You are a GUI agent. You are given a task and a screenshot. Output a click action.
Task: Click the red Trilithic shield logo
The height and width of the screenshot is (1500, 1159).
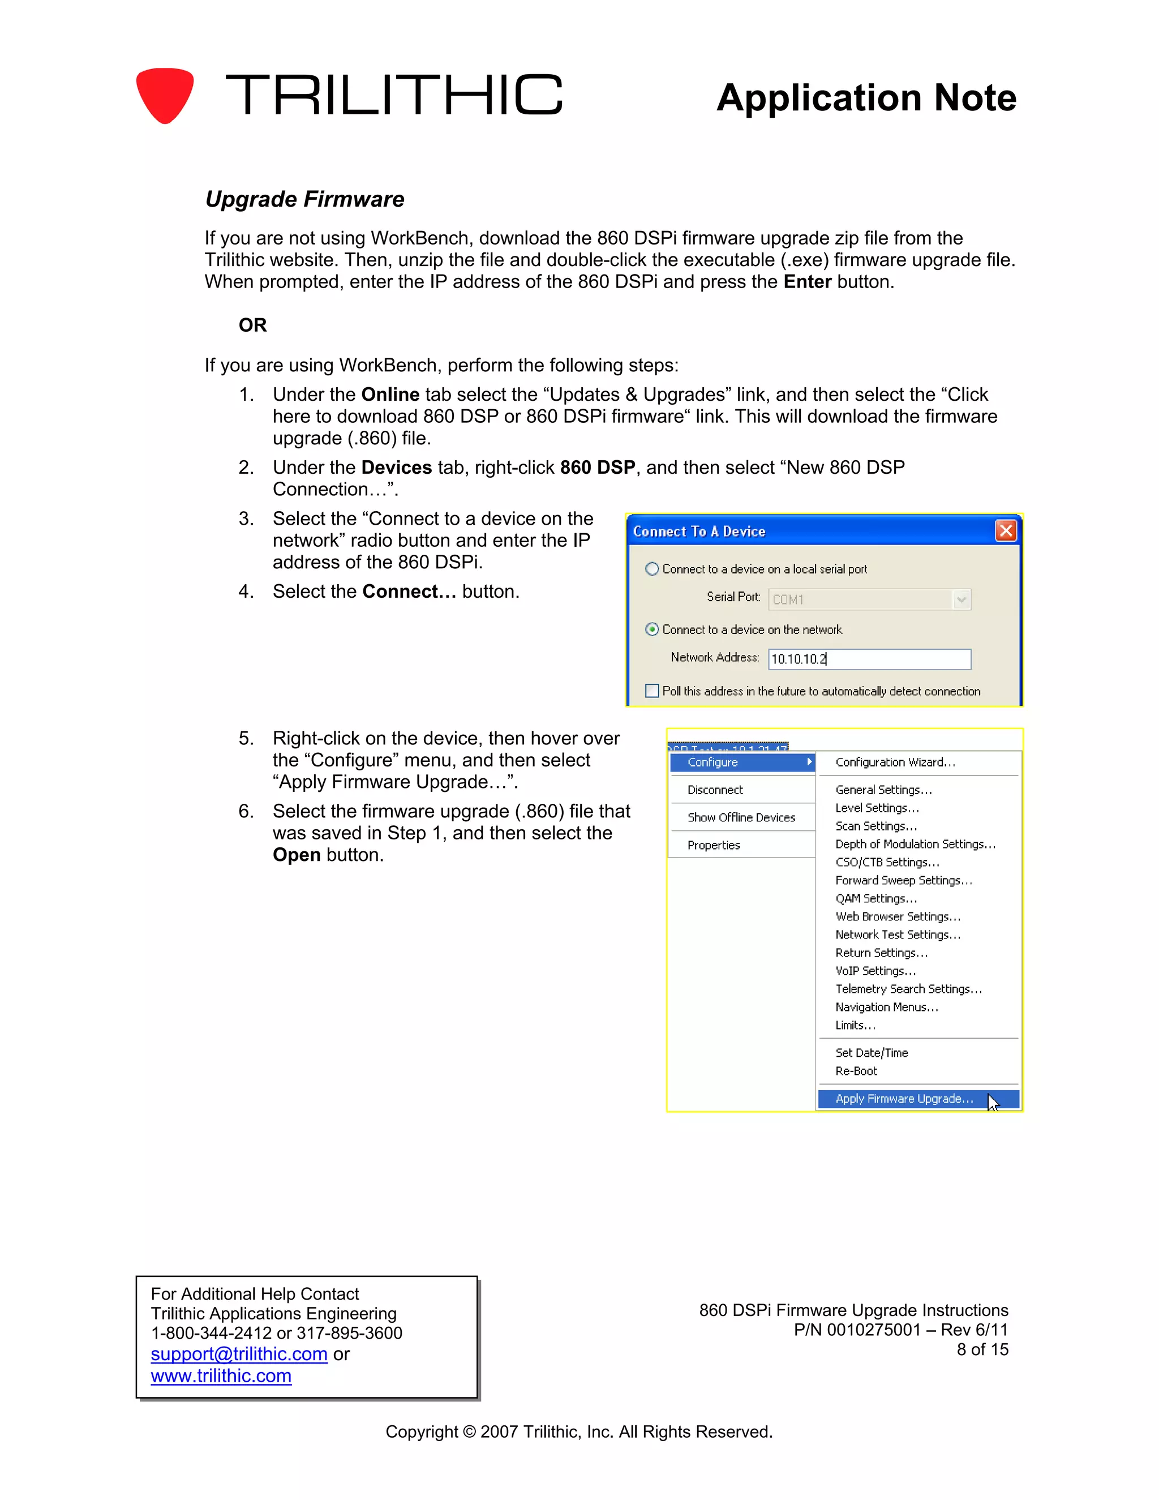[x=165, y=95]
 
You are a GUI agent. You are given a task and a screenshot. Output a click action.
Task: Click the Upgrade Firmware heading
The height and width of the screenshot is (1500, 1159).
[x=305, y=199]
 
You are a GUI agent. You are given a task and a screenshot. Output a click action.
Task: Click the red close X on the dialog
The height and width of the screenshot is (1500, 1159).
[x=1005, y=530]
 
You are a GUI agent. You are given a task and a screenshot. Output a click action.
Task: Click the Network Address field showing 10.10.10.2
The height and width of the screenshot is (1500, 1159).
[x=869, y=659]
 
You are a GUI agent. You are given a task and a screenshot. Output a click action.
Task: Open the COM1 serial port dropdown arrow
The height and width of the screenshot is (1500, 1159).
[x=961, y=599]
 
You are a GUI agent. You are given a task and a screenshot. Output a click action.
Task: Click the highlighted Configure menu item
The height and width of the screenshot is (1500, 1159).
[x=741, y=762]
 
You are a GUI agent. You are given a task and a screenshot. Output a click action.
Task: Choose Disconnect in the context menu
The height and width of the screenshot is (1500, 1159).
[x=715, y=790]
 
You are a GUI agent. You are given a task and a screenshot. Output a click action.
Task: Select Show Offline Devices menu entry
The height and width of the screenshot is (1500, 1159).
[x=741, y=817]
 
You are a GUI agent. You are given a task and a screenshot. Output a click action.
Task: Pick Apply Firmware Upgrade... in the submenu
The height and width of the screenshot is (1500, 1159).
[x=904, y=1099]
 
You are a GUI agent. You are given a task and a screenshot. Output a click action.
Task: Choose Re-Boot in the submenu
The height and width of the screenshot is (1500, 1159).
[x=856, y=1071]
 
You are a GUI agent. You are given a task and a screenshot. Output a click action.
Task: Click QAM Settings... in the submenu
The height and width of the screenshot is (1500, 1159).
[x=875, y=898]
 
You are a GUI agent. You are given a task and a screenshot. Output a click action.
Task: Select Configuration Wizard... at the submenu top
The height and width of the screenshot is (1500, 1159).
[x=895, y=762]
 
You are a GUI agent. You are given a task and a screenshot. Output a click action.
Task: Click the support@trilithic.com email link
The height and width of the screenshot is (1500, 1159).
[x=239, y=1354]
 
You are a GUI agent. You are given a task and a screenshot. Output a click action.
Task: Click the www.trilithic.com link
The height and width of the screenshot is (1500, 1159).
[x=221, y=1375]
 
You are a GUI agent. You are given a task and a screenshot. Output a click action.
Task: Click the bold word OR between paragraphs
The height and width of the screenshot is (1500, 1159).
[x=252, y=325]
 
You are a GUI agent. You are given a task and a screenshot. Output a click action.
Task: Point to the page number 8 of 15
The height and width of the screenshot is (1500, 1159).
[x=982, y=1349]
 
